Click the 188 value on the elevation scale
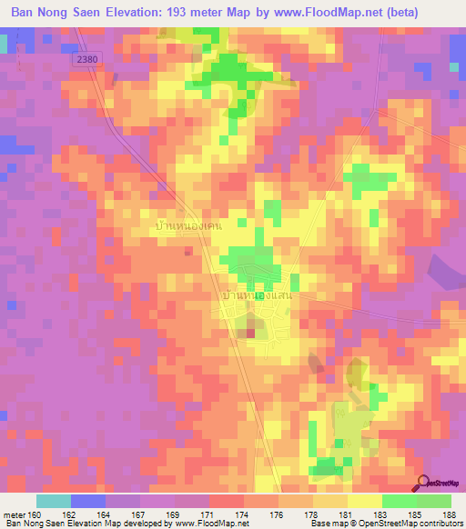click(451, 515)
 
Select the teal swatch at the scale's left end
click(53, 501)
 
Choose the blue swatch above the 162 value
click(87, 501)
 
